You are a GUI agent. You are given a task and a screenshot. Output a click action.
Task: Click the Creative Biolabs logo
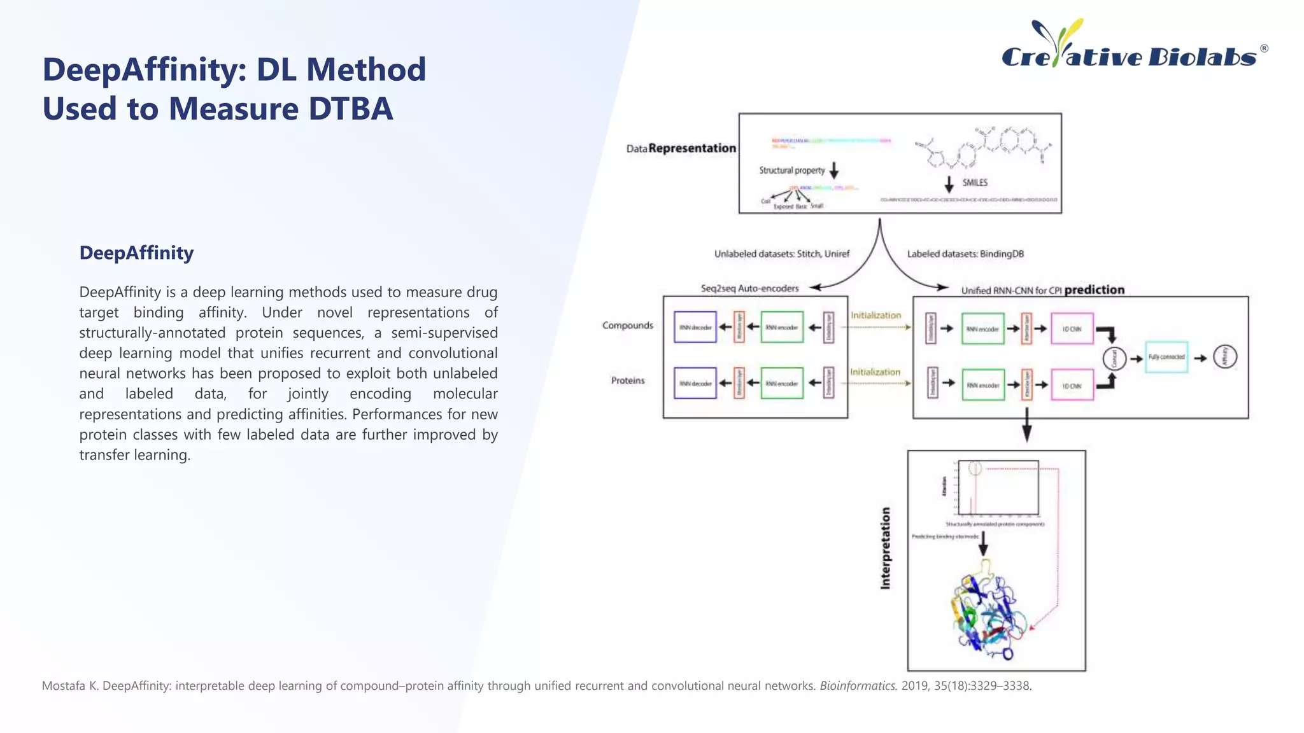coord(1134,46)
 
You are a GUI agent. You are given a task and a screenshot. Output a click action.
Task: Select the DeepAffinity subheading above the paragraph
coord(136,253)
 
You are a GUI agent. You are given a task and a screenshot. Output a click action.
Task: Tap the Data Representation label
coord(681,148)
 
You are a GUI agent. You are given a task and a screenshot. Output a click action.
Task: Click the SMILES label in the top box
coord(974,183)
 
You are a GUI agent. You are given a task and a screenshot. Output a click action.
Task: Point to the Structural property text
coord(791,171)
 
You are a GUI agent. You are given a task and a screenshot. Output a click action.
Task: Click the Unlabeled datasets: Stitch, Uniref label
coord(781,254)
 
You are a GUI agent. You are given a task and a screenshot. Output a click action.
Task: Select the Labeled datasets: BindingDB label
coord(965,254)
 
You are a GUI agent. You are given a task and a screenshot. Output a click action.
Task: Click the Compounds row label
coord(628,325)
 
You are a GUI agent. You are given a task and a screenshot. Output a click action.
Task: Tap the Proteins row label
coord(628,380)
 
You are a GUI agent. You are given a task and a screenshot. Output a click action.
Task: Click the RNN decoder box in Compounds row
coord(695,327)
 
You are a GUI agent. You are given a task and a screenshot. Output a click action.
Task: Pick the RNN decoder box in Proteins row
coord(695,383)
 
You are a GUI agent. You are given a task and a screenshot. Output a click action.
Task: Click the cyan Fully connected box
coord(1166,357)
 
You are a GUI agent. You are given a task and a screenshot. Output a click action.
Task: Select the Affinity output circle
coord(1224,357)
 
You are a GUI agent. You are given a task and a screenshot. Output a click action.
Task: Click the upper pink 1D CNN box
coord(1072,329)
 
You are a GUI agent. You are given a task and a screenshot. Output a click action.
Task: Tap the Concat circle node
coord(1114,358)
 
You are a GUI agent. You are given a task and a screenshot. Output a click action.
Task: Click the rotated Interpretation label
coord(885,548)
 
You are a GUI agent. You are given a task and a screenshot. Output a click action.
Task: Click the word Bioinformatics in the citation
coord(858,686)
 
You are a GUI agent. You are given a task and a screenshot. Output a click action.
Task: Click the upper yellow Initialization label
coord(875,316)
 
